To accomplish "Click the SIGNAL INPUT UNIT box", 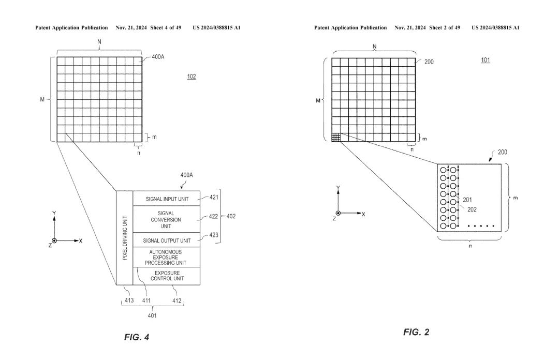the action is [x=167, y=199].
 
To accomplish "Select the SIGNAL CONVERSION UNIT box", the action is [x=167, y=219].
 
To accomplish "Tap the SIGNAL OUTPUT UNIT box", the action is [x=167, y=240].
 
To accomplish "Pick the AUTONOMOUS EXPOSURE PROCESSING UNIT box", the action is [x=167, y=257].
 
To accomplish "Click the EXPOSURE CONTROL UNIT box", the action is [x=167, y=276].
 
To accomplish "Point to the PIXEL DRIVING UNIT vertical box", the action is [x=125, y=238].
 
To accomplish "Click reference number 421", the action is [x=214, y=197].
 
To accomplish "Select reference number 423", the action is [x=214, y=235].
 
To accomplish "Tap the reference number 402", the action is [x=231, y=216].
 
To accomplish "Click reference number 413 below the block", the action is [x=129, y=300].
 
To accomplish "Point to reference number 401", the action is [x=152, y=315].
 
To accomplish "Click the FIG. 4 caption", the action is [x=137, y=337].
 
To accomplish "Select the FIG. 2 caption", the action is [x=416, y=332].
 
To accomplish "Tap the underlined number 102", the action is [x=192, y=77].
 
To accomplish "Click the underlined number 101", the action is [x=486, y=60].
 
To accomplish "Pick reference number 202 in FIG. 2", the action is [x=472, y=209].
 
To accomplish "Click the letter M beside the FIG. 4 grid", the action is [x=42, y=99].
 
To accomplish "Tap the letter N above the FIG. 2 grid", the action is [x=374, y=47].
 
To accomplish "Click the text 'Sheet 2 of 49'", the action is [x=445, y=27].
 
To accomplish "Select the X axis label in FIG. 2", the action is [x=363, y=215].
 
